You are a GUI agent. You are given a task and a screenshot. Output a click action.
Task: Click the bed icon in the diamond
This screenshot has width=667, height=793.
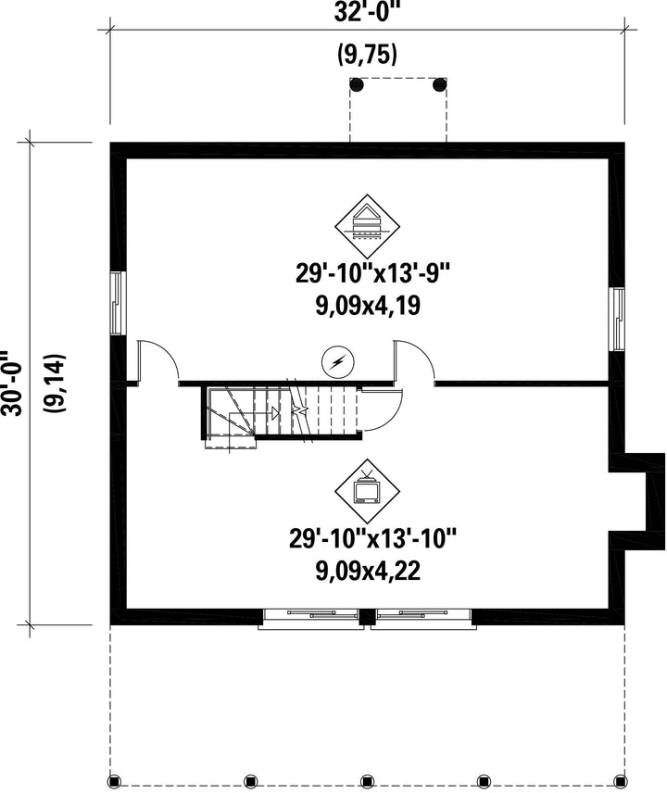tap(368, 226)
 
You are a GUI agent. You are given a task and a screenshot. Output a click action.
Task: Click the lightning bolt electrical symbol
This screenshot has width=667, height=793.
tap(338, 362)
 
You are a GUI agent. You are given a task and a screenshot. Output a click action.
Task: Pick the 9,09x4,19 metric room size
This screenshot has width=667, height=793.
tap(368, 305)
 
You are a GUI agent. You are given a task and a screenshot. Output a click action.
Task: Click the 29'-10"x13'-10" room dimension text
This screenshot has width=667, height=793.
tap(372, 538)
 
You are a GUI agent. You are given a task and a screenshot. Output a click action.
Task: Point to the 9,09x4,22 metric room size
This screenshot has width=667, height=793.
tap(368, 571)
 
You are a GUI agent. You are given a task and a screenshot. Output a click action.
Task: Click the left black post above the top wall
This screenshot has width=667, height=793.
tap(357, 84)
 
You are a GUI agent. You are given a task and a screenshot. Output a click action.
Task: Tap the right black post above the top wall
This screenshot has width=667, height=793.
tap(439, 84)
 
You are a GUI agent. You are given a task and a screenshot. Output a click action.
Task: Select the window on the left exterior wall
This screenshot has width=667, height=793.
tap(118, 303)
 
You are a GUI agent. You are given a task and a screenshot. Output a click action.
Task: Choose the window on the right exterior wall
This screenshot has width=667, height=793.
tap(618, 319)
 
